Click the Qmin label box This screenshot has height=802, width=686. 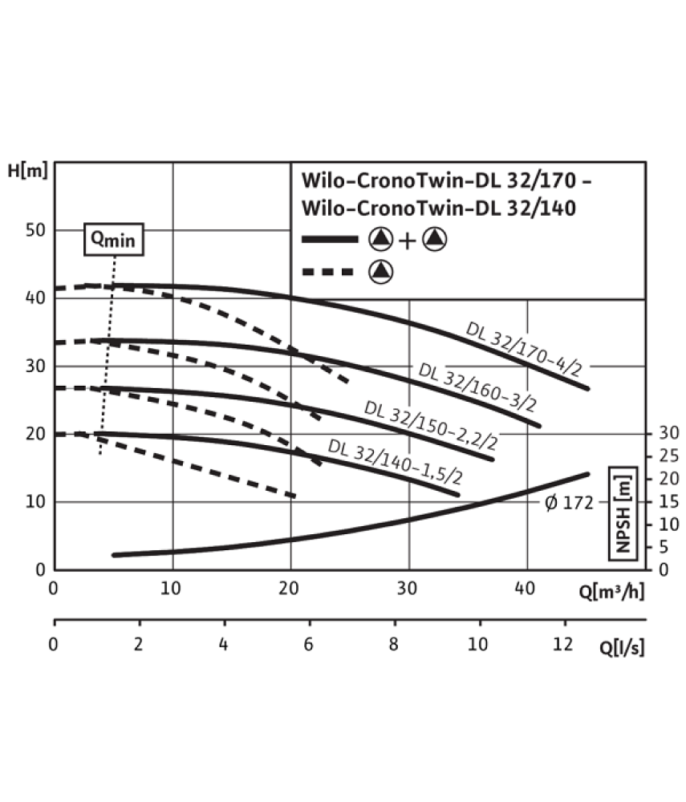point(114,239)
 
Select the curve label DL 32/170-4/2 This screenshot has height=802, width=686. point(524,350)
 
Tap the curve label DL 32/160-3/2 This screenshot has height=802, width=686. point(477,387)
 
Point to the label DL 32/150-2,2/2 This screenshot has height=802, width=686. point(431,425)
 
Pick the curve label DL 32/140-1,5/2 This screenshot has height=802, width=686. point(395,461)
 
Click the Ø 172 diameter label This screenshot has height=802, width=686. point(569,503)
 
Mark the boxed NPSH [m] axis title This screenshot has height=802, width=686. point(623,513)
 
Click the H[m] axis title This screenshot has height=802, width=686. point(27,170)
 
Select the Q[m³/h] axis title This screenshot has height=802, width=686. point(611,591)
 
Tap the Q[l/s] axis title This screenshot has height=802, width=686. point(622,647)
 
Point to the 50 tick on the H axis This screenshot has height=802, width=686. point(36,230)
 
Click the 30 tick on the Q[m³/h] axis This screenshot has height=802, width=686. point(408,588)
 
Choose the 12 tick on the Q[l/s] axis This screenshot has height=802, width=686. point(562,644)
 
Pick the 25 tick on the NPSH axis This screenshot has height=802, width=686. point(668,456)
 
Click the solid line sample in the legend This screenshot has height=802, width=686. point(330,239)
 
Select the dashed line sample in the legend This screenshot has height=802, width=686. point(328,272)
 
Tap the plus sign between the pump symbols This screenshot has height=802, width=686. point(408,241)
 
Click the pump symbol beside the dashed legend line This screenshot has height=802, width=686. point(381,272)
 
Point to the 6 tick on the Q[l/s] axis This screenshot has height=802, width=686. point(308,644)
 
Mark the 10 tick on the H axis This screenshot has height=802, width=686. point(36,502)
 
